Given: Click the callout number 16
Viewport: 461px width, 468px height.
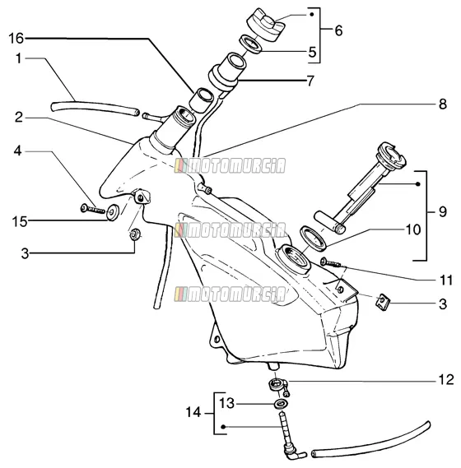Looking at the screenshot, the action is (x=16, y=39).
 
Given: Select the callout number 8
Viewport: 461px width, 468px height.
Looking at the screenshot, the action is (x=442, y=104).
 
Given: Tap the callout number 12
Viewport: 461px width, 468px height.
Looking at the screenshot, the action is (x=446, y=380).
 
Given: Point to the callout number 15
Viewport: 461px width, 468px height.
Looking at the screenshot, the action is (x=20, y=222).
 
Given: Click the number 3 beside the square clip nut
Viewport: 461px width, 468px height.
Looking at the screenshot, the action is (x=443, y=304).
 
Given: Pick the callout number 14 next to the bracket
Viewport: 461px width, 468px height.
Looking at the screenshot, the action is (x=193, y=412).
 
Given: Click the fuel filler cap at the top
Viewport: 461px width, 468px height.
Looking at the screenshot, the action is (x=266, y=25).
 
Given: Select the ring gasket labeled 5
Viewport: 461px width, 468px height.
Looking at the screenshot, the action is (x=250, y=44).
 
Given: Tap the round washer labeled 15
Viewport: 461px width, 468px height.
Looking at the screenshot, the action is (x=113, y=212).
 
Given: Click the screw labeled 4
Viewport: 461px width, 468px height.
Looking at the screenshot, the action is (x=93, y=209).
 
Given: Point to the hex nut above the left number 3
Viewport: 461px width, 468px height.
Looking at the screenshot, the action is (x=133, y=234).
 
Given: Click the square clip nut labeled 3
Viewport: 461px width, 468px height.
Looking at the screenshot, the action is (x=383, y=302).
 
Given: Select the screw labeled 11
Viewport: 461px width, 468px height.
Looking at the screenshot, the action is (x=331, y=263).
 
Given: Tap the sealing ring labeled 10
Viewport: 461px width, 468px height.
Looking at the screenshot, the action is (x=313, y=237).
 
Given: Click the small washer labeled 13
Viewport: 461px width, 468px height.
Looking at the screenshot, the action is (x=281, y=405).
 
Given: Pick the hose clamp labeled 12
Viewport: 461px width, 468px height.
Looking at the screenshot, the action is (x=279, y=386).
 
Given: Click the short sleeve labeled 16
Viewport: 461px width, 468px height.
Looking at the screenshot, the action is (x=201, y=100).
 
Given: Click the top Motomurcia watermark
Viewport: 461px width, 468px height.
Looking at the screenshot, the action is (x=230, y=165).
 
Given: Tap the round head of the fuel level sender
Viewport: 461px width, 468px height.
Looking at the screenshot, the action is (x=391, y=156).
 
